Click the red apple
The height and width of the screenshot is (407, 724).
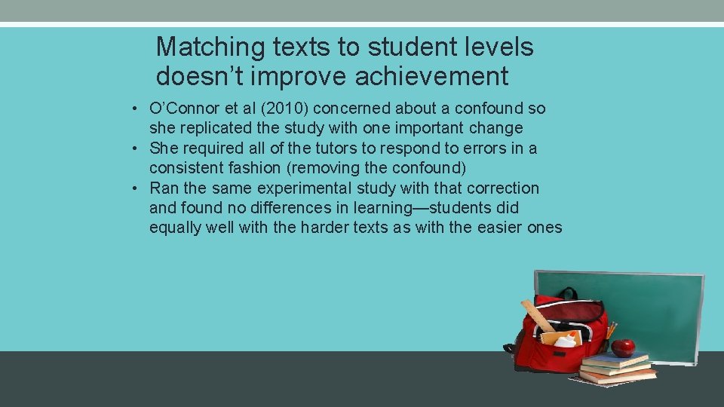coord(623,347)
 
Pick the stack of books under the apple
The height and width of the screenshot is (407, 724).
coord(617,368)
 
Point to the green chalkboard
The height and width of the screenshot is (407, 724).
coord(656,309)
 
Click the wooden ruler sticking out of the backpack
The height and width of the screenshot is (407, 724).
coord(537,315)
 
